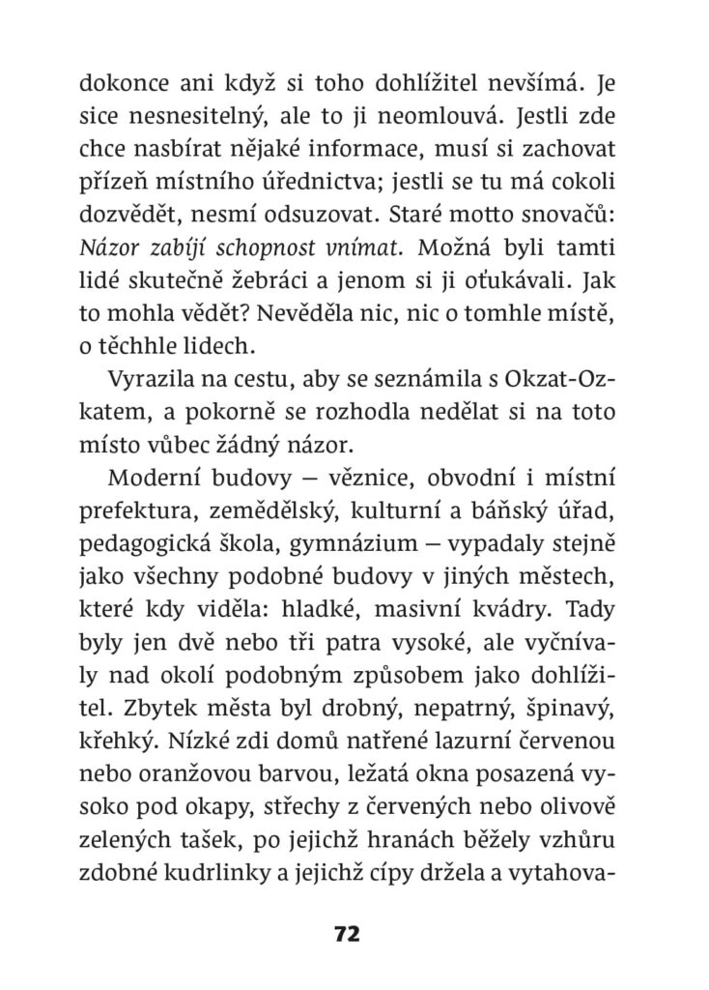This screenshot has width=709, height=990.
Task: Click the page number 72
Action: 346,934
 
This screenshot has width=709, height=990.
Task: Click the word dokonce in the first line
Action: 115,84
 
